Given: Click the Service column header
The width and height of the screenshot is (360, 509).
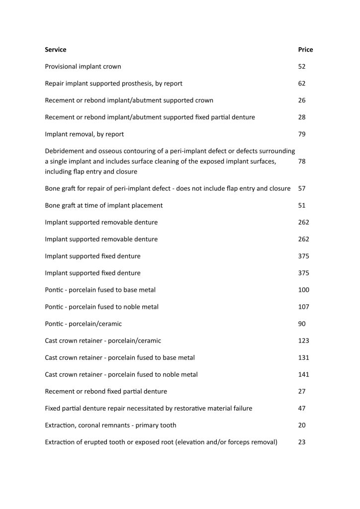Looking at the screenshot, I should [55, 50].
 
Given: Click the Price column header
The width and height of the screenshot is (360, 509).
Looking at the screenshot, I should [305, 50].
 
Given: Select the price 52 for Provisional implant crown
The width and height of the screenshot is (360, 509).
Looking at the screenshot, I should [302, 67].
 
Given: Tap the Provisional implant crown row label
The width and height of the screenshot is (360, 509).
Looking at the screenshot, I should [83, 67].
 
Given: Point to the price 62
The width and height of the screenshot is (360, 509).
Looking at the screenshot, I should [302, 84].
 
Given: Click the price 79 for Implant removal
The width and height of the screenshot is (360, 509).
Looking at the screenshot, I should [302, 134].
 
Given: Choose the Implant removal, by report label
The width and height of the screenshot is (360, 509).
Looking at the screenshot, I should [85, 134].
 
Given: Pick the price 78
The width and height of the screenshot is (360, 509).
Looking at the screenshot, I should [302, 162].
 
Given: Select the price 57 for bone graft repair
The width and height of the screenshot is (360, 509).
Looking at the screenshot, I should [302, 189].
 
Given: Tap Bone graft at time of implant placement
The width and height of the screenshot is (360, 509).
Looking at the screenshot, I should [104, 206].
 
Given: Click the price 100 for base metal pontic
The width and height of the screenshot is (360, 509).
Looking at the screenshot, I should [303, 290].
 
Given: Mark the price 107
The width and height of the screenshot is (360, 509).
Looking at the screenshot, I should [303, 307].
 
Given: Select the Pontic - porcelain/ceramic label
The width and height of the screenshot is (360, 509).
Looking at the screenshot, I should [84, 324].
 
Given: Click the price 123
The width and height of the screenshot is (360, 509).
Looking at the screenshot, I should [303, 341].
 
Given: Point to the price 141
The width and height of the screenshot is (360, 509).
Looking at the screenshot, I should [303, 375].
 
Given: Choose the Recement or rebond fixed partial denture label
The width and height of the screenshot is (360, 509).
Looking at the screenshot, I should [106, 392].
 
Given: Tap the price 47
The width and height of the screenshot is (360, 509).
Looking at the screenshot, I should [302, 409].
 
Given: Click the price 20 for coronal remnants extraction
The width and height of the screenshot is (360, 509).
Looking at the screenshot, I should [302, 425].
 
